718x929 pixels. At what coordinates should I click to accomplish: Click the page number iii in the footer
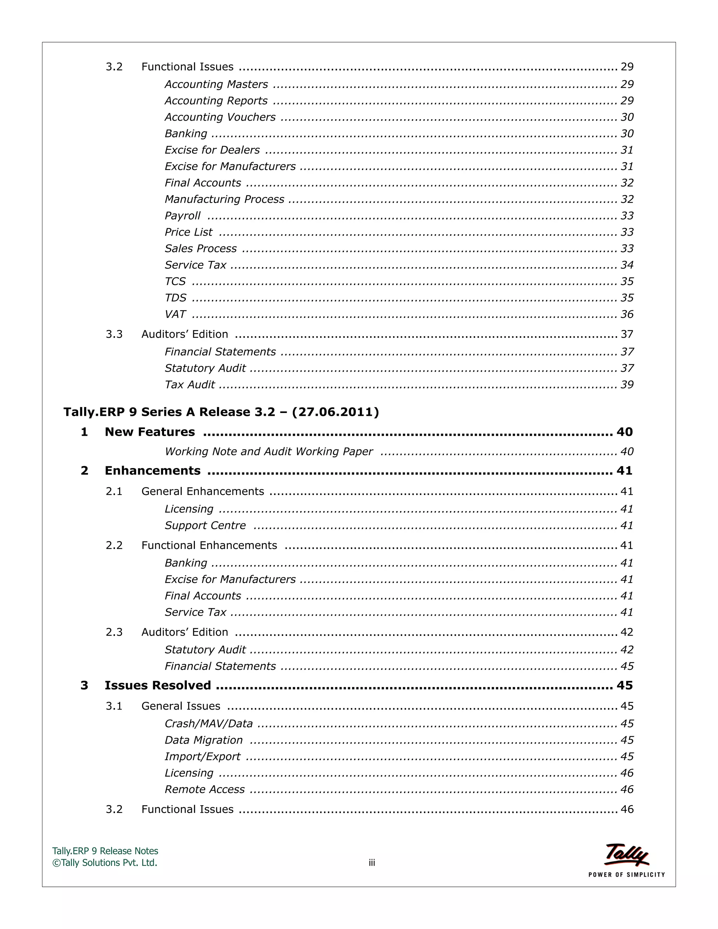coord(372,863)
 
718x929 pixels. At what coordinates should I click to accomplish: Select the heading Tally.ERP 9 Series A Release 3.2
coord(221,412)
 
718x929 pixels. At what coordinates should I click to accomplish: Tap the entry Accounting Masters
coord(216,84)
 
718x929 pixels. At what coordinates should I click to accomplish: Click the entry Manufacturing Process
coord(224,199)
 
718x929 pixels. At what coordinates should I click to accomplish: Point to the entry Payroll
coord(182,216)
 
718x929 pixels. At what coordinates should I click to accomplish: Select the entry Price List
coord(188,232)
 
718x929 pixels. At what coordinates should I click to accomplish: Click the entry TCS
coord(175,282)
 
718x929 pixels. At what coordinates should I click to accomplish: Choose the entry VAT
coord(175,314)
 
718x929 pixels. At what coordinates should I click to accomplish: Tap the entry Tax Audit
coord(190,385)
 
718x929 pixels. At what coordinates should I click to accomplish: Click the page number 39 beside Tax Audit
coord(626,385)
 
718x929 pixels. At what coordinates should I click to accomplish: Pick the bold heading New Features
coord(150,432)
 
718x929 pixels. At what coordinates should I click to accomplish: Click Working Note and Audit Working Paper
coord(269,451)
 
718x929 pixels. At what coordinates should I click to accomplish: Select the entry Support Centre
coord(205,525)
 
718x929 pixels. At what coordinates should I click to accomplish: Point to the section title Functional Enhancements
coord(209,545)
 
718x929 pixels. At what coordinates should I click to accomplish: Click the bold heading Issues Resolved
coord(157,685)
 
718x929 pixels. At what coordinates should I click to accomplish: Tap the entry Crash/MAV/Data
coord(209,724)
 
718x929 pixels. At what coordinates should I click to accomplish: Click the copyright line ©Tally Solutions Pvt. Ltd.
coord(104,863)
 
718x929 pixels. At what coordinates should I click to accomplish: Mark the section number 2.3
coord(114,632)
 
